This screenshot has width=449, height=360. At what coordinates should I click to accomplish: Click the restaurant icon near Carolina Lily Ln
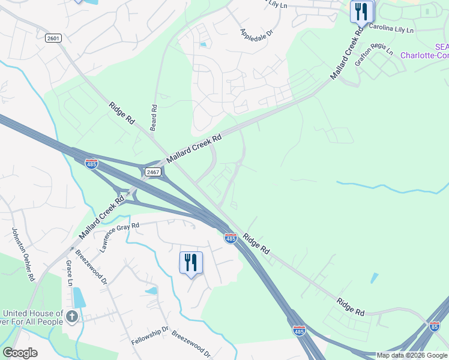[x=362, y=12]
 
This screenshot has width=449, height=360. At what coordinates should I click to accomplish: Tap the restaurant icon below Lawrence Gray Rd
[x=191, y=263]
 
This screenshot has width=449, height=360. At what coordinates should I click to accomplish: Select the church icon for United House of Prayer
[x=72, y=316]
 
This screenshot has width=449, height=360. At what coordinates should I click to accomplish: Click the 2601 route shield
[x=53, y=38]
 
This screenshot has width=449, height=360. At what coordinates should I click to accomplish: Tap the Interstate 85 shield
[x=435, y=326]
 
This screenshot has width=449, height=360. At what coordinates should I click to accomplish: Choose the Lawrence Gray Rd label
[x=120, y=237]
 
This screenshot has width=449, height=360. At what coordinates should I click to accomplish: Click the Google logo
[x=20, y=353]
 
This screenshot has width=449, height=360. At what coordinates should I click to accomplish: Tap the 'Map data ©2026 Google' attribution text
[x=412, y=355]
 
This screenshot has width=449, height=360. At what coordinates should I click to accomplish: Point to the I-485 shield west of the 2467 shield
[x=91, y=163]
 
